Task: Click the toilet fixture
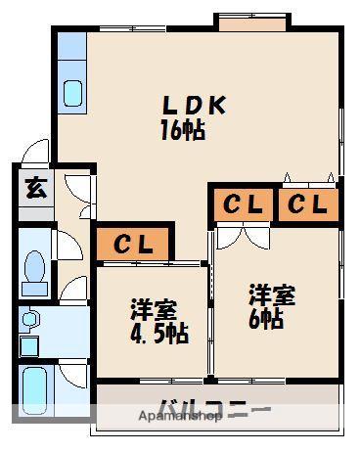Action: tap(35, 269)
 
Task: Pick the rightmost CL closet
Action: tap(307, 204)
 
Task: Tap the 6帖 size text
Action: tap(265, 318)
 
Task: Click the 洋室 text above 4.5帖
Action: tap(156, 312)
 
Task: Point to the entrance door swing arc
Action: tap(37, 153)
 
